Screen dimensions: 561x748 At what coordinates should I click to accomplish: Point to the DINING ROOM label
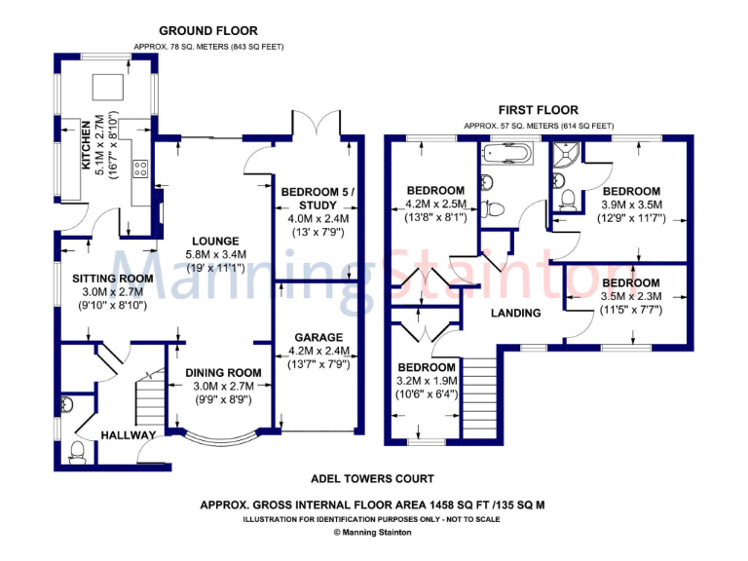tap(224, 372)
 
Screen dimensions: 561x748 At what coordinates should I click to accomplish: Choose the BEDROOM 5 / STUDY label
tap(318, 198)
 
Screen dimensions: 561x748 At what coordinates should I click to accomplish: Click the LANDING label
tap(515, 314)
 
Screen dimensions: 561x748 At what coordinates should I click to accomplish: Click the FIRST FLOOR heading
tap(538, 110)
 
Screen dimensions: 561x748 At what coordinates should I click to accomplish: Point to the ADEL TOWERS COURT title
tap(372, 479)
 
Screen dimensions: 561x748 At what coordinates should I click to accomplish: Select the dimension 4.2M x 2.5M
tap(434, 205)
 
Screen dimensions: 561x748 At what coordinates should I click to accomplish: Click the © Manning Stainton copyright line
tap(372, 533)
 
